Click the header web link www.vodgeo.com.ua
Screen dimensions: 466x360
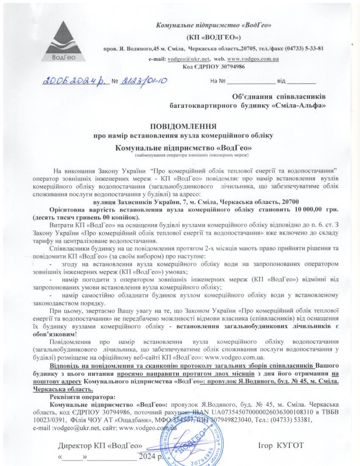tap(253, 59)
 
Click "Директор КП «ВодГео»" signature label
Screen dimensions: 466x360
tap(100, 446)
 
